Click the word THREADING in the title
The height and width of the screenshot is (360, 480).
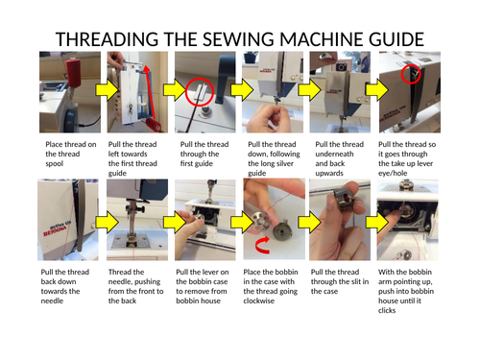click(x=107, y=39)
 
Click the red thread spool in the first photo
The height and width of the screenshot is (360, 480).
click(x=75, y=72)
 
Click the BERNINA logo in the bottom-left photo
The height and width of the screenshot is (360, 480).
click(x=56, y=230)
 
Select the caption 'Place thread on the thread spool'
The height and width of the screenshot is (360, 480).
click(x=71, y=154)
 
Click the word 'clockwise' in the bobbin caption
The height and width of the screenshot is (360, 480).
click(x=258, y=300)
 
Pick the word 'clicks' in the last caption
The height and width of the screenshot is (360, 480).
click(x=387, y=310)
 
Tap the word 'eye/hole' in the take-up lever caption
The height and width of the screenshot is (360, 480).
click(x=393, y=173)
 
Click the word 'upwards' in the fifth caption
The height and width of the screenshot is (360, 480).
click(x=329, y=173)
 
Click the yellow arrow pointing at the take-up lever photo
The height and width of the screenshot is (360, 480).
click(x=377, y=90)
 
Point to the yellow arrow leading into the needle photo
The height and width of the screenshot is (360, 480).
click(x=108, y=222)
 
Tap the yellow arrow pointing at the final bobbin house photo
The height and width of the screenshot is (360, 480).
click(x=377, y=222)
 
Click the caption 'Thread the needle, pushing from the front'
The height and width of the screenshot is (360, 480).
click(x=135, y=286)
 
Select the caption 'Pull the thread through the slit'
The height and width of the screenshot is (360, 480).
click(x=340, y=281)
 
